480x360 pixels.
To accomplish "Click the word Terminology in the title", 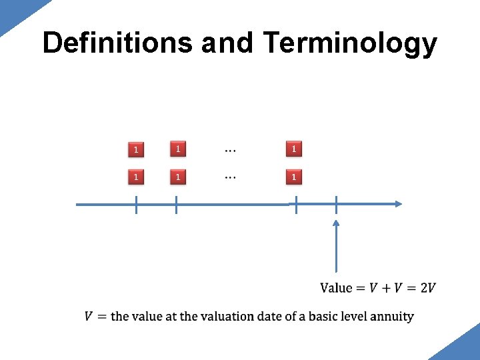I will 350,43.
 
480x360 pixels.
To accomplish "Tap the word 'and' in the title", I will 227,43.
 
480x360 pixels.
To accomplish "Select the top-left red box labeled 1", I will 136,149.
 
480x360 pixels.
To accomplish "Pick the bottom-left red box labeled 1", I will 136,177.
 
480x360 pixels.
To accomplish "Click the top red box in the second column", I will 177,149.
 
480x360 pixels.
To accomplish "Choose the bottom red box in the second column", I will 177,177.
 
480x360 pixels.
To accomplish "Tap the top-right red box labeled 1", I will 293,149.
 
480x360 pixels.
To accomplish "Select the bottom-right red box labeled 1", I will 293,177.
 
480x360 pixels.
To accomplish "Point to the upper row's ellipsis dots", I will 229,150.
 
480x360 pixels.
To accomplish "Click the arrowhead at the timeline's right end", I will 398,204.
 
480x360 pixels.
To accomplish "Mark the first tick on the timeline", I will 136,205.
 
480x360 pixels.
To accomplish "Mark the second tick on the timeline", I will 176,205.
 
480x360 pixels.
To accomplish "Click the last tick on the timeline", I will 336,205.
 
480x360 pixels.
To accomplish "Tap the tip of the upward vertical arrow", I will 336,223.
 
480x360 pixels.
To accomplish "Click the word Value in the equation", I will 337,287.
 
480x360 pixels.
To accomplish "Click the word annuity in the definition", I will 393,317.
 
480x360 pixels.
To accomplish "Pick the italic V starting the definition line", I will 89,316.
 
